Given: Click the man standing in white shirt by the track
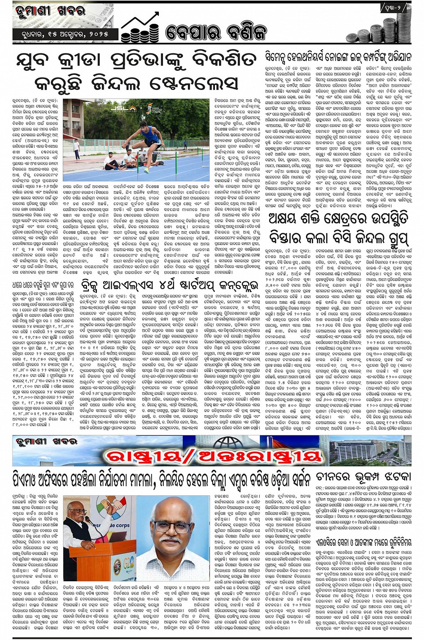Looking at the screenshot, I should tap(77, 150).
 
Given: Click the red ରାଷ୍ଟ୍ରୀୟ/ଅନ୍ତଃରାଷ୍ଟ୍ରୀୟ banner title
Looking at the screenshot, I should tap(214, 456).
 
